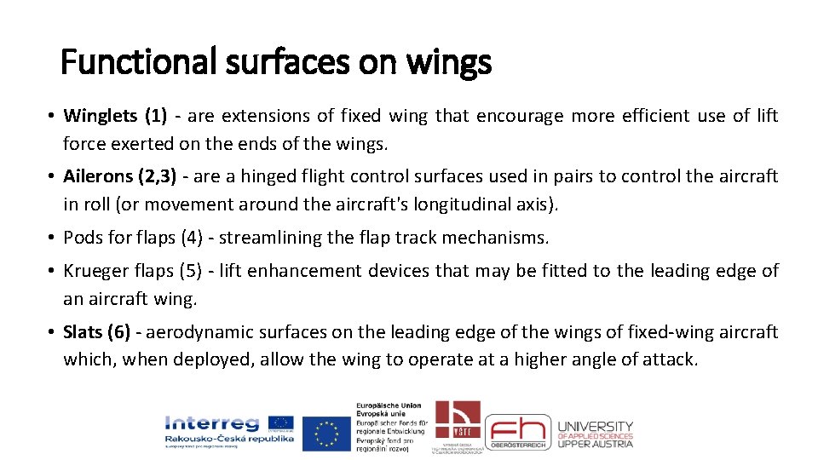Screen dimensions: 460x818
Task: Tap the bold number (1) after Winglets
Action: point(156,116)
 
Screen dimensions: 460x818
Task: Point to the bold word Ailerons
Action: point(98,176)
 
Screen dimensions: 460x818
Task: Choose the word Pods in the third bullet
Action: point(82,237)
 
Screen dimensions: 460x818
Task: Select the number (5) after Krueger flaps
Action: point(188,271)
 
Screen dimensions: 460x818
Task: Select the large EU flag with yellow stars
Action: point(326,433)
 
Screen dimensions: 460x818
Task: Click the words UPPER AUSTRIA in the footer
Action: point(596,443)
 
